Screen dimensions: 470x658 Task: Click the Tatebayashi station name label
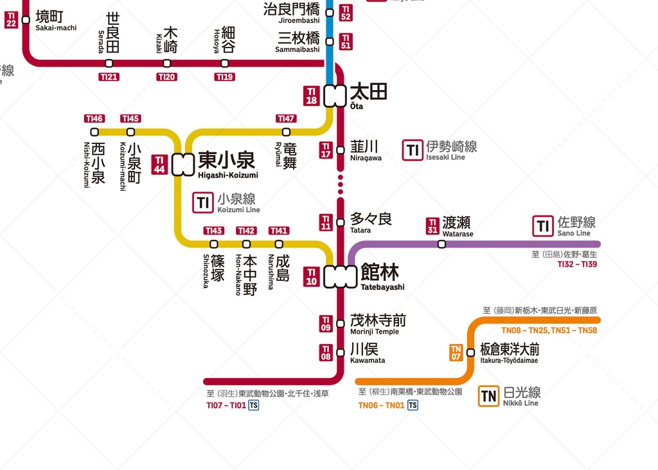coord(382,276)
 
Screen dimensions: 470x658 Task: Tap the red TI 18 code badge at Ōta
coord(312,96)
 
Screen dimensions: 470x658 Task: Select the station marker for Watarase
coord(441,244)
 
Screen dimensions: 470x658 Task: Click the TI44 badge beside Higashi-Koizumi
coord(160,165)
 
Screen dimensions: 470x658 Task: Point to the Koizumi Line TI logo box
coord(203,203)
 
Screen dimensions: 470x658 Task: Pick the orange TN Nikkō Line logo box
coord(489,396)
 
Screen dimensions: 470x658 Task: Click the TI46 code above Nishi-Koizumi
coord(94,118)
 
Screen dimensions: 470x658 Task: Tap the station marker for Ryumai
coord(286,132)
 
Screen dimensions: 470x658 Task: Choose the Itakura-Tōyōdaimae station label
coord(509,353)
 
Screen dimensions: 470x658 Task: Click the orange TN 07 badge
coord(456,353)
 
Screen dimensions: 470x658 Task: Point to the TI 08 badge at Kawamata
coord(326,353)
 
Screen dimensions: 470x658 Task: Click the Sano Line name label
coord(576,226)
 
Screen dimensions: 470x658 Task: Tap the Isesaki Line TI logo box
coord(413,150)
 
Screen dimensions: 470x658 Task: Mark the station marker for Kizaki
coord(166,63)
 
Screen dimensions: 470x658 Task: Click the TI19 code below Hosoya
coord(224,77)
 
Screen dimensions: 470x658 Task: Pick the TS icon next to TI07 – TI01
coord(254,405)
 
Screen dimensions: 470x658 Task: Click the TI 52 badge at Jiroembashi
coord(346,13)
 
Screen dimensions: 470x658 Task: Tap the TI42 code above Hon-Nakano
coord(246,231)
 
